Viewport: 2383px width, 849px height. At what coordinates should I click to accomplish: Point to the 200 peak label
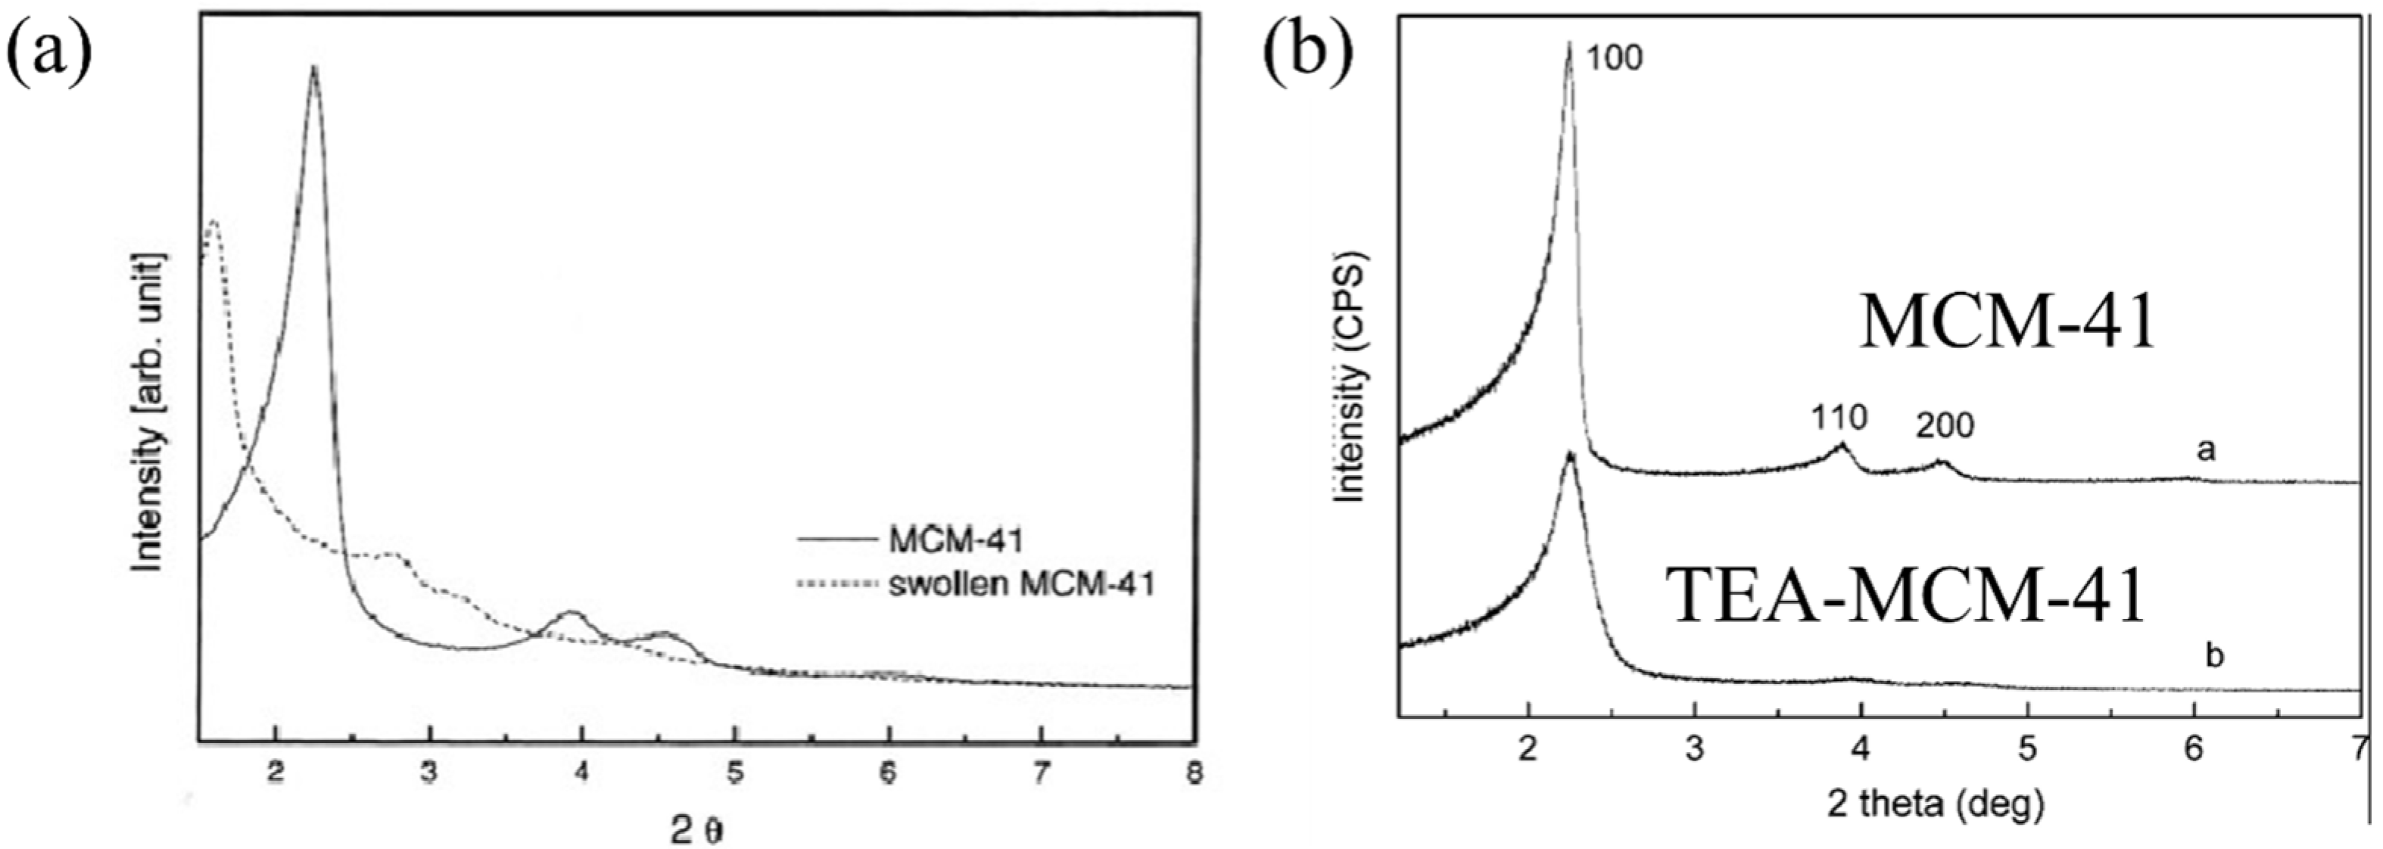(x=1945, y=425)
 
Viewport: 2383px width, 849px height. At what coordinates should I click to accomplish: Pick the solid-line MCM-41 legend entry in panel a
(x=955, y=540)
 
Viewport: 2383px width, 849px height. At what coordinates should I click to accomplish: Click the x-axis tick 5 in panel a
(x=734, y=773)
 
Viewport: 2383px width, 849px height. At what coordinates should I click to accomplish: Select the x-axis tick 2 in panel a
(x=275, y=773)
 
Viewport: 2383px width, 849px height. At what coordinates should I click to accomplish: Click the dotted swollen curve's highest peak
(x=213, y=220)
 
